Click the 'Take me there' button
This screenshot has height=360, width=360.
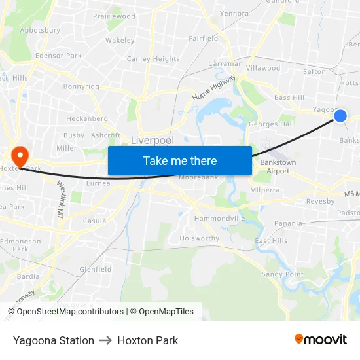point(180,160)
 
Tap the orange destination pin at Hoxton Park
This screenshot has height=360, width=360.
point(20,156)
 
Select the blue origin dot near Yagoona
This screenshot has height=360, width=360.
point(340,116)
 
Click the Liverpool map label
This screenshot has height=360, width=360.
point(153,140)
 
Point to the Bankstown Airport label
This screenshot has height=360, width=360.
point(278,166)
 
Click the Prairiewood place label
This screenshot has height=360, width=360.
point(114,16)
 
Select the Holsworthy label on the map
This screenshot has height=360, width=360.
point(200,238)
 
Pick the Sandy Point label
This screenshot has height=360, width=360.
point(283,274)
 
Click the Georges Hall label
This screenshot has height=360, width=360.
point(271,124)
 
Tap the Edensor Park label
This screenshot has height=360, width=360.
point(59,56)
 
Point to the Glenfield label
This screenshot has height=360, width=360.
point(95,269)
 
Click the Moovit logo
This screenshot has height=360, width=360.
point(321,339)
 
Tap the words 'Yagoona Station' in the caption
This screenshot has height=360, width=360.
point(54,340)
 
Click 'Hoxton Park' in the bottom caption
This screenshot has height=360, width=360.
point(148,340)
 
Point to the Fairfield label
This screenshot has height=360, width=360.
point(204,38)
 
